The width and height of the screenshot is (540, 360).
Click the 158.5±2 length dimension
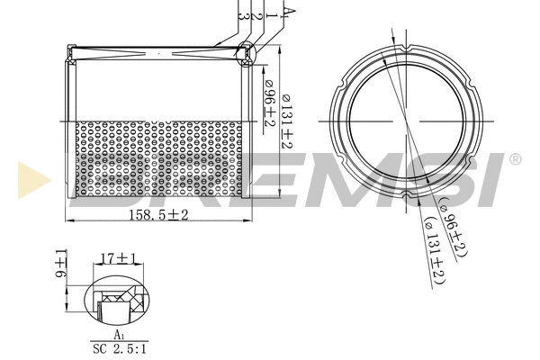coord(156,214)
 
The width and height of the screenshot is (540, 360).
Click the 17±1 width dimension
coord(118,258)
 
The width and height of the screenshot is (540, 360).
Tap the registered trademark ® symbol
coord(515,160)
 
